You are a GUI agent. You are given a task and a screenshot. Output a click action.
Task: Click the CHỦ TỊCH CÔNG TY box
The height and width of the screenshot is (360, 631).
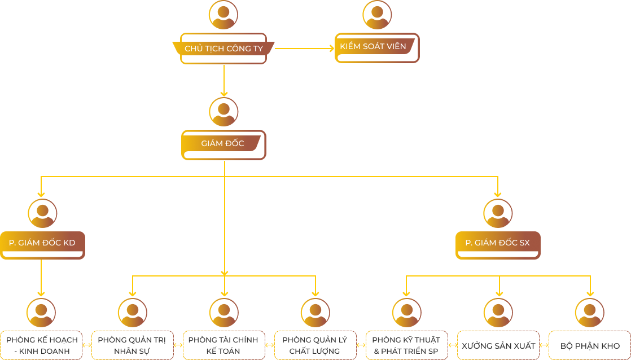point(224,49)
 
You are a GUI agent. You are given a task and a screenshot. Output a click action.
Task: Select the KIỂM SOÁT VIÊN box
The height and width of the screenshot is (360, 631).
point(377,47)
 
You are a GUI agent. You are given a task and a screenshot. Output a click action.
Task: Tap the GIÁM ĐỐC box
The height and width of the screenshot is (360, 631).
point(224,144)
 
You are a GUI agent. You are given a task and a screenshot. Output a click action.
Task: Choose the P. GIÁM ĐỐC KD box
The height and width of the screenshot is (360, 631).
point(42,244)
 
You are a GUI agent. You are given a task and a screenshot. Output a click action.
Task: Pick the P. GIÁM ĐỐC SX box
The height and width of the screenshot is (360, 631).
point(498,244)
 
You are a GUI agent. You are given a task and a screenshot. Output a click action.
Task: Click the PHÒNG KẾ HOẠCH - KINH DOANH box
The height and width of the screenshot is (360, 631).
point(41,345)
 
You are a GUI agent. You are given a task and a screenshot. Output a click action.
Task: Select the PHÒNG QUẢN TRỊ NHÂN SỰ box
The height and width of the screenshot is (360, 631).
point(133,345)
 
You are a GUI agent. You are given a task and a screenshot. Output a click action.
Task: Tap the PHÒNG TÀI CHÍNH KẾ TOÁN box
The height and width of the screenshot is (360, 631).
point(224,345)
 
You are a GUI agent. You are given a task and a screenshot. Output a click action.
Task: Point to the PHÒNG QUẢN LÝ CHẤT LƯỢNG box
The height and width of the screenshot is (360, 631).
point(315,345)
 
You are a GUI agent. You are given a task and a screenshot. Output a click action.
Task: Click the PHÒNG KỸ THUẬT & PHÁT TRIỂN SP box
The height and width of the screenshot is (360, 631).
point(407,345)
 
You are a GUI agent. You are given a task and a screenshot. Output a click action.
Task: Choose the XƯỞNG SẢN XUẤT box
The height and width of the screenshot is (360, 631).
point(498,345)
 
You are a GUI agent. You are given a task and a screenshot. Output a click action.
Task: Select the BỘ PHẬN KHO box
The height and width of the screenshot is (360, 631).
point(590,345)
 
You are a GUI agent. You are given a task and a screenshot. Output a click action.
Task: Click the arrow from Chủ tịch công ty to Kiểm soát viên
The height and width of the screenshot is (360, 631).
point(305,49)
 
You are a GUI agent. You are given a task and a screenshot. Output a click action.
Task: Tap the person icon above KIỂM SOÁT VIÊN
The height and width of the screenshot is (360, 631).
point(377,15)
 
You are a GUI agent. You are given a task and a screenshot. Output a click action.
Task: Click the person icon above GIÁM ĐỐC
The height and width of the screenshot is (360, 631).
point(224,112)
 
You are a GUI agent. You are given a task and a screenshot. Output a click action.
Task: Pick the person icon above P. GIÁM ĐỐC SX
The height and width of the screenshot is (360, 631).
point(498,213)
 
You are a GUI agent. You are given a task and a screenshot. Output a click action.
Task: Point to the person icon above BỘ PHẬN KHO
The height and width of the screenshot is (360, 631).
point(590,313)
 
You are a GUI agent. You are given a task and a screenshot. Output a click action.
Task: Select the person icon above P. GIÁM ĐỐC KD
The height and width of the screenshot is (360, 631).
point(42,213)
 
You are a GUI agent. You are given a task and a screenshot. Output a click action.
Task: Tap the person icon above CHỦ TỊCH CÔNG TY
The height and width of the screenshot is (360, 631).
point(224,15)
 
